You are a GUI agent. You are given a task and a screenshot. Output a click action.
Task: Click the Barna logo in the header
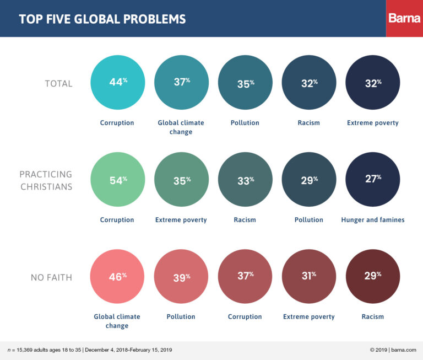[x=404, y=18]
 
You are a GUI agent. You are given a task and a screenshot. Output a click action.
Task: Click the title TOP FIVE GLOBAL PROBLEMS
[x=102, y=19]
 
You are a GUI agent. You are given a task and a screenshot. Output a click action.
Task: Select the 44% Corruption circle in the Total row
[x=117, y=83]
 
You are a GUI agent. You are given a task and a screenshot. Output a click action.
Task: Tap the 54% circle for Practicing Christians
[x=117, y=180]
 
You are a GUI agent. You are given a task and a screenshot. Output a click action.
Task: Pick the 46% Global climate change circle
[x=117, y=276]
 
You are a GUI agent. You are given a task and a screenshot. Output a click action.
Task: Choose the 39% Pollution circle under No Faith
[x=181, y=276]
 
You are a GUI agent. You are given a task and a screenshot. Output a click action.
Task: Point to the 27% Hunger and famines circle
[x=372, y=180]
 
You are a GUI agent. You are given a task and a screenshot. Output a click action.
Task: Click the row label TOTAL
[x=59, y=84]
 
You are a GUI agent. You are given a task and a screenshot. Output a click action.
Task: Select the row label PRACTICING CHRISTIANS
[x=47, y=180]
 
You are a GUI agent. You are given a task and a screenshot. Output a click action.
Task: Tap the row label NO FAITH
[x=52, y=277]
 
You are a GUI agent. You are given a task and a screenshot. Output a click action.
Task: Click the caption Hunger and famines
[x=372, y=219]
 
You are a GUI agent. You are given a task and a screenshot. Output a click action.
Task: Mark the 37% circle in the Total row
[x=181, y=83]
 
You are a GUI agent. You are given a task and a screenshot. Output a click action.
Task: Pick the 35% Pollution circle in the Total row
[x=245, y=83]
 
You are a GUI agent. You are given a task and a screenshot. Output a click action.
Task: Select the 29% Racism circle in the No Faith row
[x=372, y=276]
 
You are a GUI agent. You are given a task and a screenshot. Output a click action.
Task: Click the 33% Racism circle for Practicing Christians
[x=245, y=180]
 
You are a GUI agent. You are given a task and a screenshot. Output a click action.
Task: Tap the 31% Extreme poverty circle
[x=308, y=276]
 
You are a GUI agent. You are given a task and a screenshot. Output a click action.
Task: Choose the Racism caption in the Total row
[x=308, y=122]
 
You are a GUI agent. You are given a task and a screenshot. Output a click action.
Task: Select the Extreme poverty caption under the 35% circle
[x=181, y=219]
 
